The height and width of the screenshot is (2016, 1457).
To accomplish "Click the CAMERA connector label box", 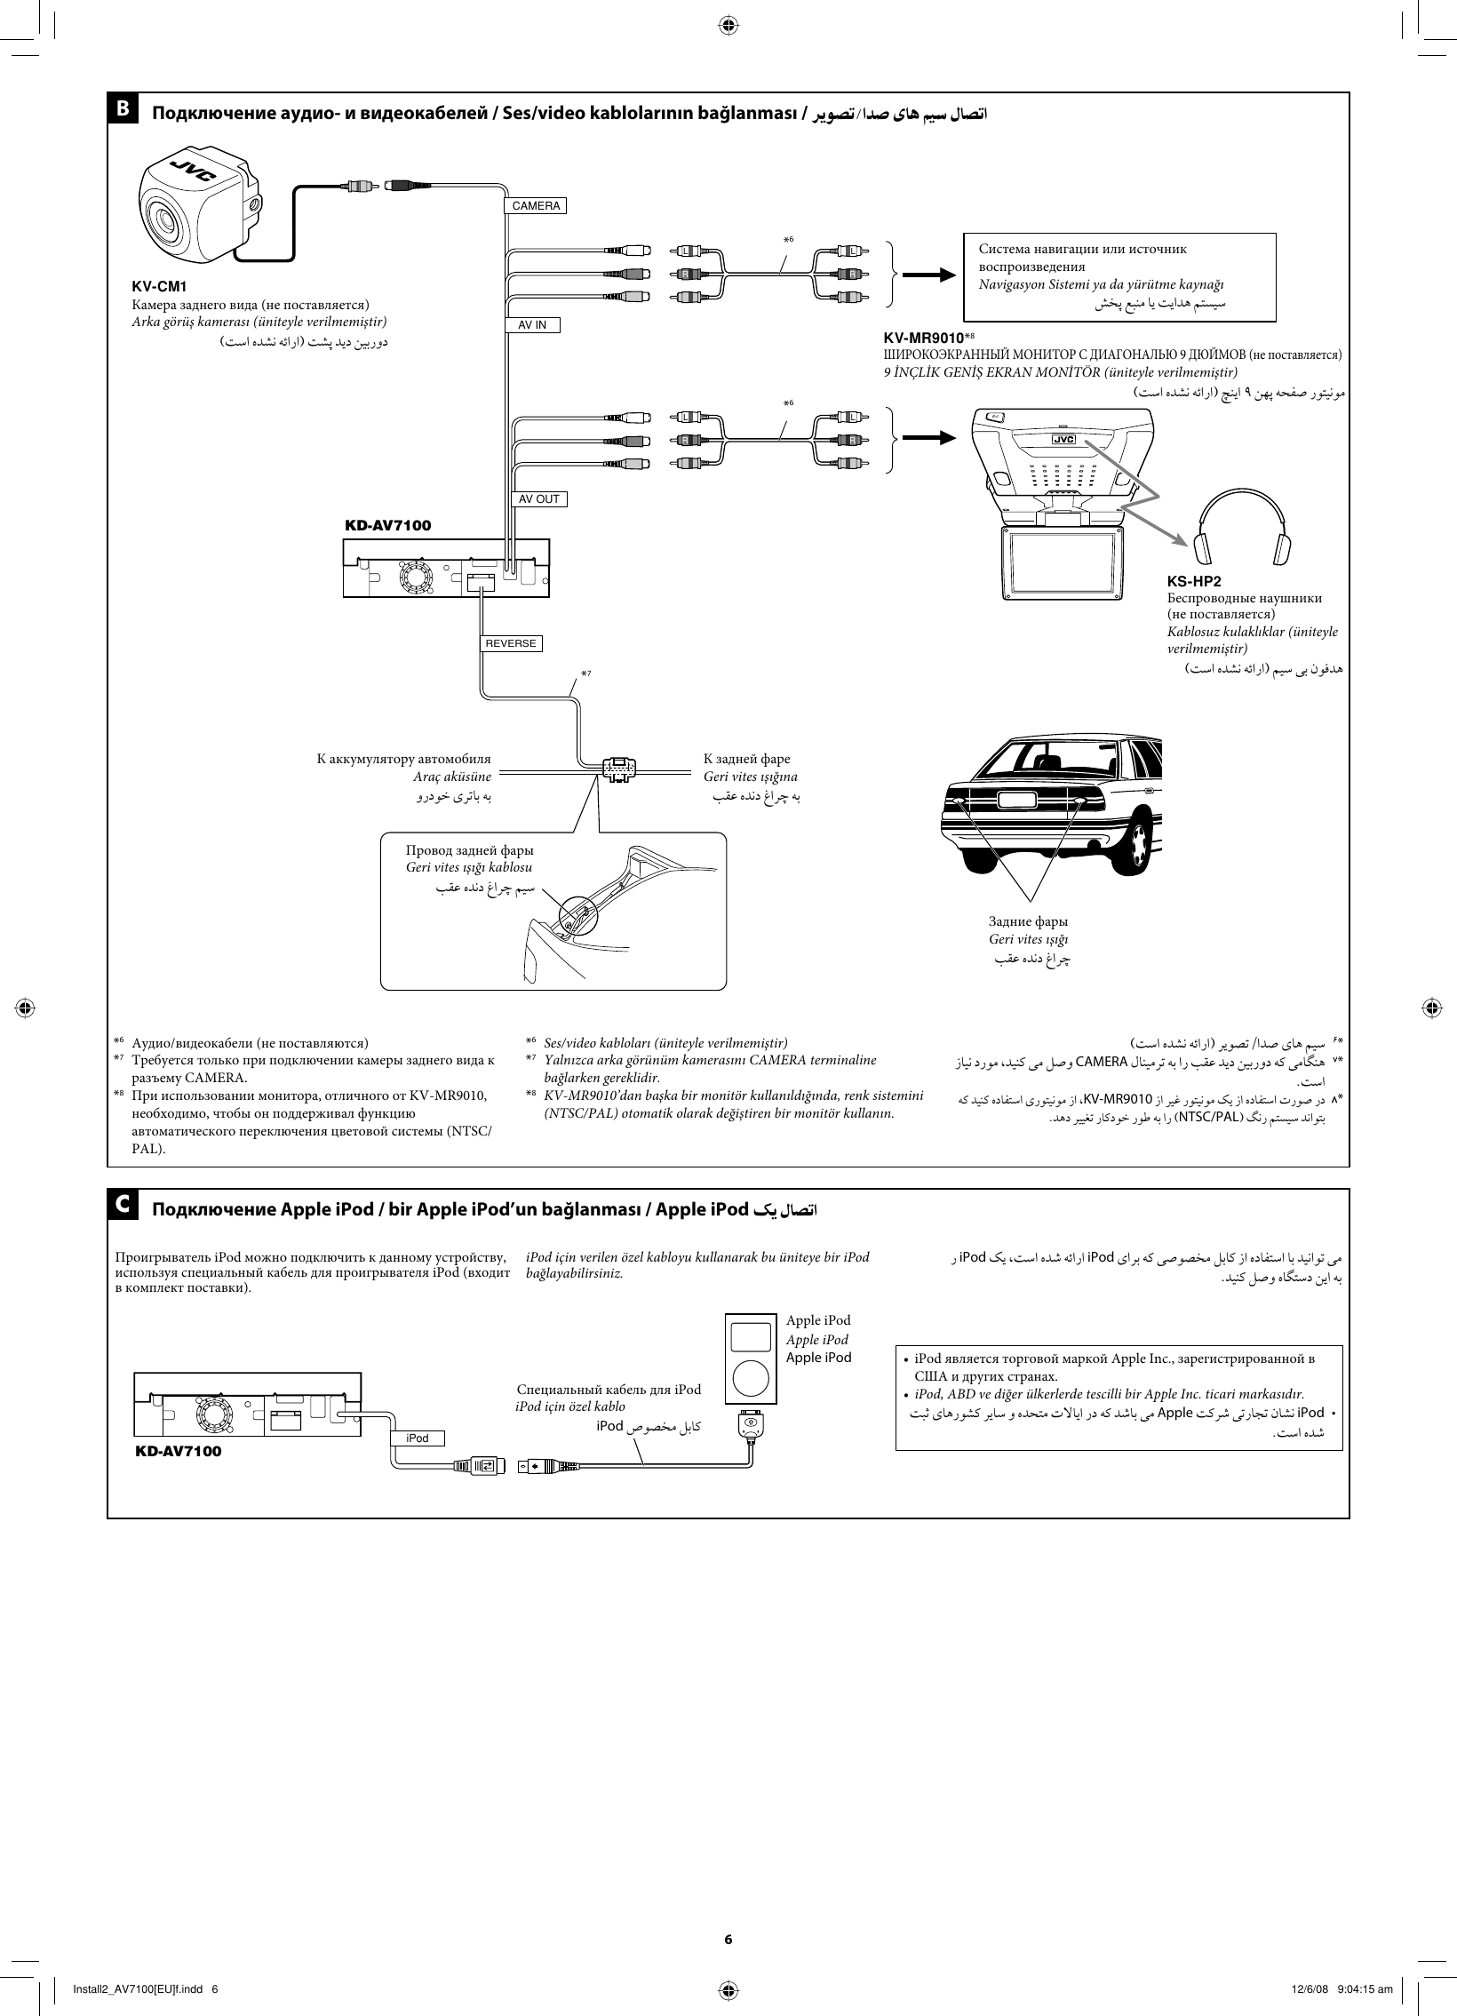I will click(x=536, y=206).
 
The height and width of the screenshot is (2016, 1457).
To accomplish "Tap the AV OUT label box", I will click(x=539, y=499).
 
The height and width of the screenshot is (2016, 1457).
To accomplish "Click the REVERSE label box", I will click(x=511, y=643).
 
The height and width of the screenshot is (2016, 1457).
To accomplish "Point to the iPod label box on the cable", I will click(x=417, y=1438).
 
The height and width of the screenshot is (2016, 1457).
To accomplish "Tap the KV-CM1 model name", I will click(x=159, y=287).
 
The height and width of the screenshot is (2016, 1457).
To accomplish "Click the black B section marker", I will click(x=123, y=108).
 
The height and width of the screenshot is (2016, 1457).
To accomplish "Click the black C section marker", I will click(x=123, y=1205).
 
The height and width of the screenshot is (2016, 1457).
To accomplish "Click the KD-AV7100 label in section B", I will click(x=387, y=525).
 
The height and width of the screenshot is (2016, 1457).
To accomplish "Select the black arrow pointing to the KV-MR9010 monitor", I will click(x=929, y=438).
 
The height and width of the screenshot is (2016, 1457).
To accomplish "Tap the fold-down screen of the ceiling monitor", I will click(x=1063, y=563).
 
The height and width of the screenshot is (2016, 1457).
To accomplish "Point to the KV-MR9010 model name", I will click(x=923, y=339).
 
